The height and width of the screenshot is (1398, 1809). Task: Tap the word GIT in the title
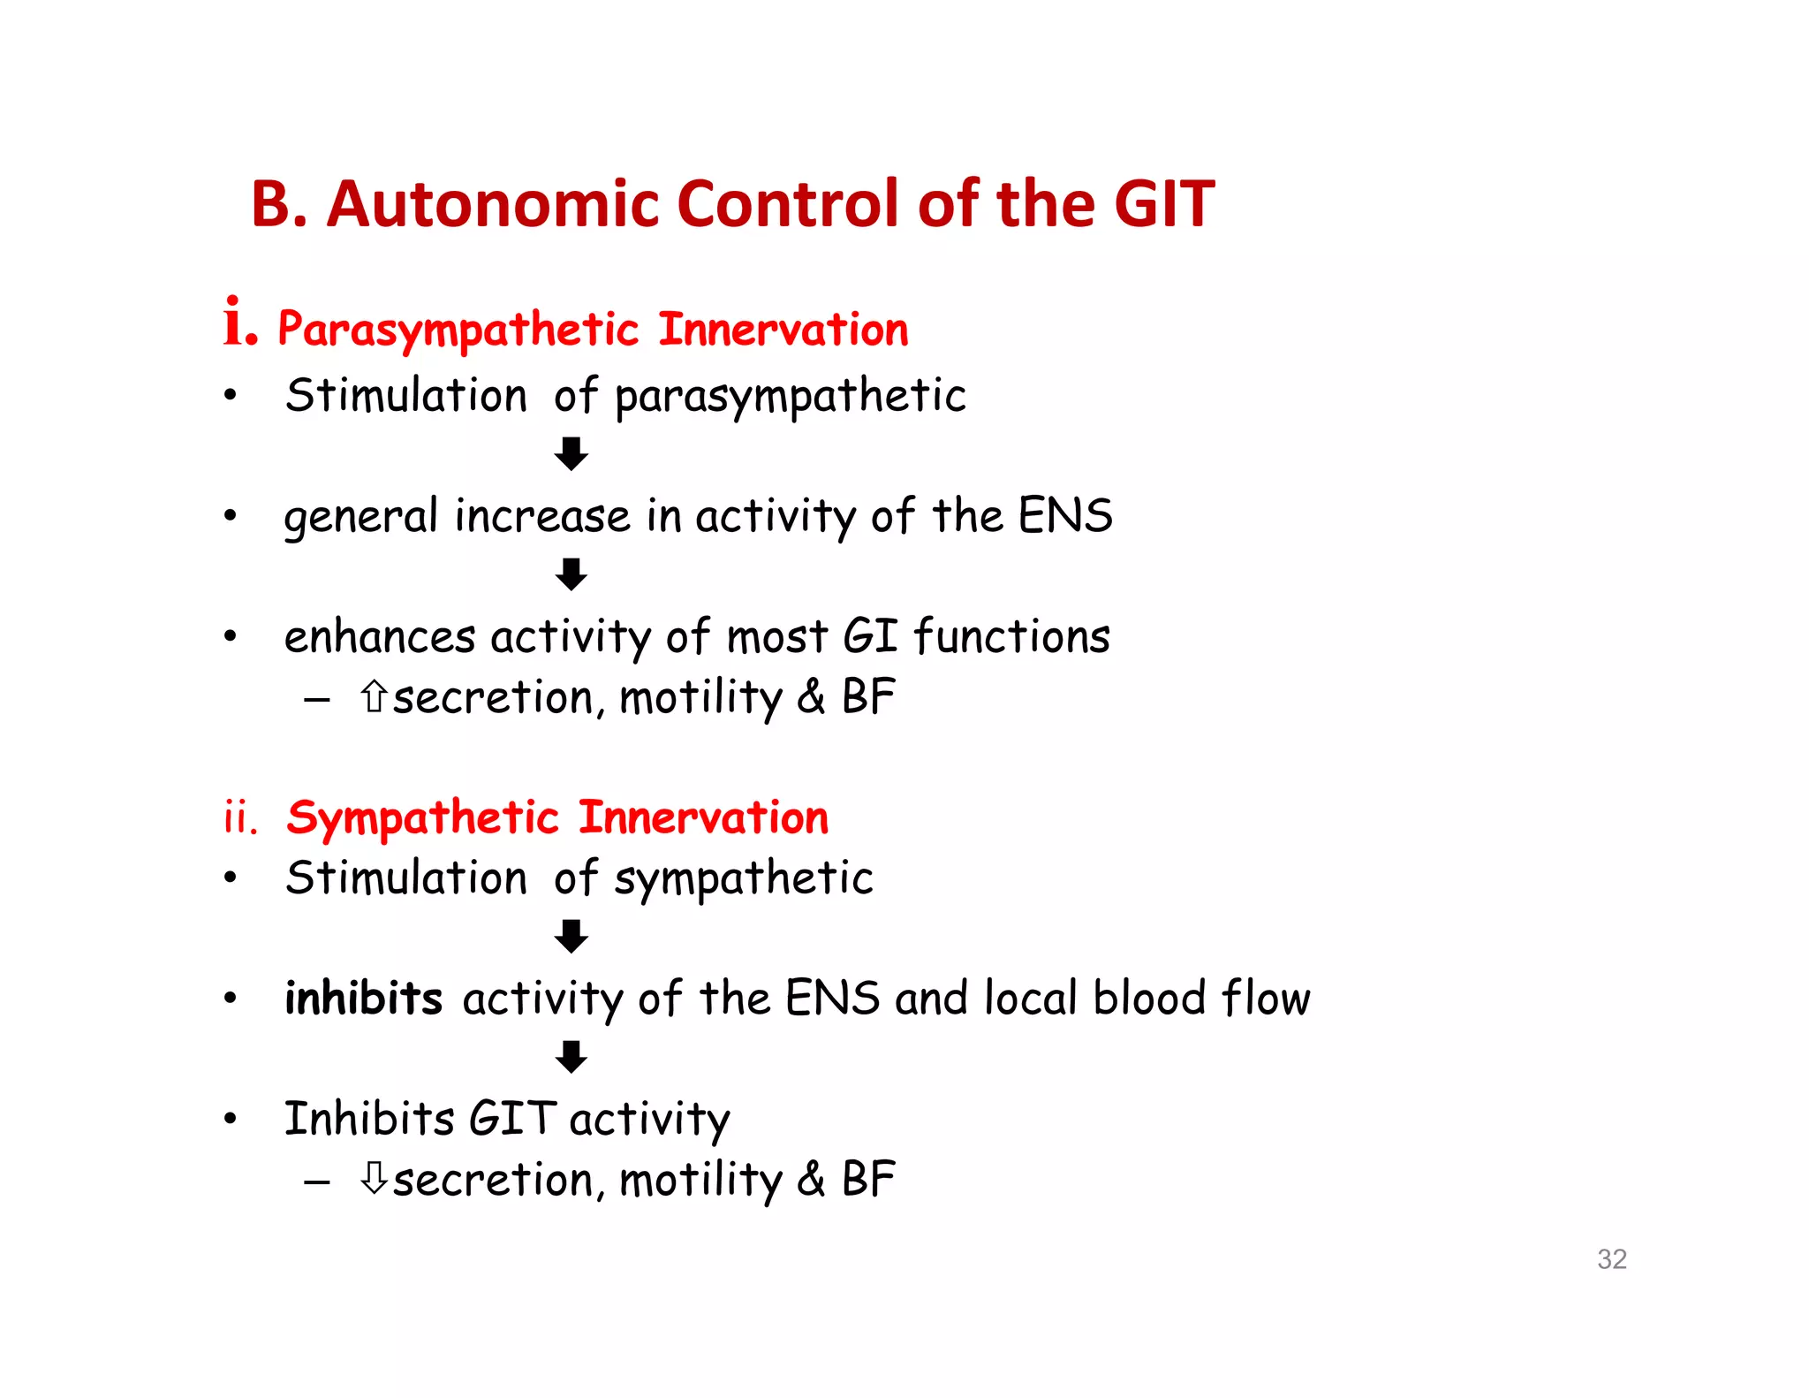click(x=1164, y=204)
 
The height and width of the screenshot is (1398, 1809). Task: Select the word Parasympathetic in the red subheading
click(x=458, y=331)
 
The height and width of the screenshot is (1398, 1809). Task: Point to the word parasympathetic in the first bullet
click(x=790, y=397)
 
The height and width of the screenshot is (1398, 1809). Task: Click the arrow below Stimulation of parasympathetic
click(x=571, y=453)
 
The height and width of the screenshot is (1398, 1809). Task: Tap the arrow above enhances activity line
click(x=571, y=574)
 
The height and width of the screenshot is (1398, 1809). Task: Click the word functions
click(x=1011, y=636)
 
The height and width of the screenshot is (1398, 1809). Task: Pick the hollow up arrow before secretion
click(x=374, y=696)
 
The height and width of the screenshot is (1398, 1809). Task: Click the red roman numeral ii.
click(x=239, y=818)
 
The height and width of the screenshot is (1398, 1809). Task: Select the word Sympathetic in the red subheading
click(x=422, y=818)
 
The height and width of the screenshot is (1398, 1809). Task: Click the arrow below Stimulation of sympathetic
click(x=571, y=936)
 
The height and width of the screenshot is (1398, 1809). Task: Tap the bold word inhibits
click(x=363, y=999)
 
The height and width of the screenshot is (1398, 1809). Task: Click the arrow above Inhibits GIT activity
click(x=571, y=1057)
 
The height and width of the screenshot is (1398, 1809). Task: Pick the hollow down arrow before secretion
click(x=374, y=1178)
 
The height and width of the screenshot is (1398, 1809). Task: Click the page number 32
click(x=1611, y=1258)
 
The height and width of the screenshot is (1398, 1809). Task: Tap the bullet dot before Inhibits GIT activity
click(x=231, y=1120)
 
